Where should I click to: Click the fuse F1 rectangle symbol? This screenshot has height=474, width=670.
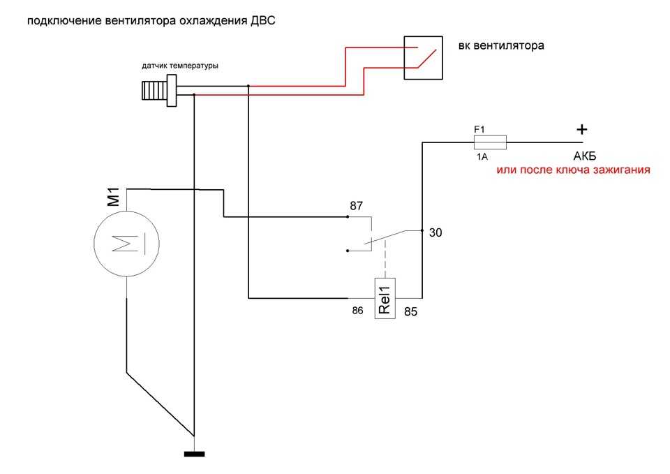click(x=490, y=142)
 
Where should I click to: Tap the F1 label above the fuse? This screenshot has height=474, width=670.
click(x=479, y=129)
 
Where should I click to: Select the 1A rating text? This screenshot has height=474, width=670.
click(x=482, y=157)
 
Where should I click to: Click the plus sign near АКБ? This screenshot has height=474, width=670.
click(x=582, y=129)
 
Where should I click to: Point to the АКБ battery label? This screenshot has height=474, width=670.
click(x=585, y=156)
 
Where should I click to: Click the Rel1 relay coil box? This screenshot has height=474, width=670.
click(x=385, y=298)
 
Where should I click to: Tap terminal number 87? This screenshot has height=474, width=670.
click(x=357, y=206)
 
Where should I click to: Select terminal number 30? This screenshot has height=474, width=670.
click(x=435, y=232)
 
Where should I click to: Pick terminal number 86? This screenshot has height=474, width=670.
click(x=357, y=311)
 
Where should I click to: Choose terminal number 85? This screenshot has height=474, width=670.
click(x=410, y=311)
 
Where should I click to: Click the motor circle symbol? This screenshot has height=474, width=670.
click(x=126, y=244)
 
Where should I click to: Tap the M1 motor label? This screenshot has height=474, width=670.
click(x=114, y=197)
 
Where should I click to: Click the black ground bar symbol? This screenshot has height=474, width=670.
click(x=195, y=454)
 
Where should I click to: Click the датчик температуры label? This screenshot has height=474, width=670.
click(x=180, y=66)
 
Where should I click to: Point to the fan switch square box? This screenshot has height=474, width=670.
click(x=424, y=58)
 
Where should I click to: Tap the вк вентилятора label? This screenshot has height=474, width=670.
click(x=501, y=46)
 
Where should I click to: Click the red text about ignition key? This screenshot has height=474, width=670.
click(x=574, y=170)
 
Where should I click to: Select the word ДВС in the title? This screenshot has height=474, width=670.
click(x=263, y=20)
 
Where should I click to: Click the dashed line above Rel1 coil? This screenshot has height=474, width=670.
click(x=385, y=259)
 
